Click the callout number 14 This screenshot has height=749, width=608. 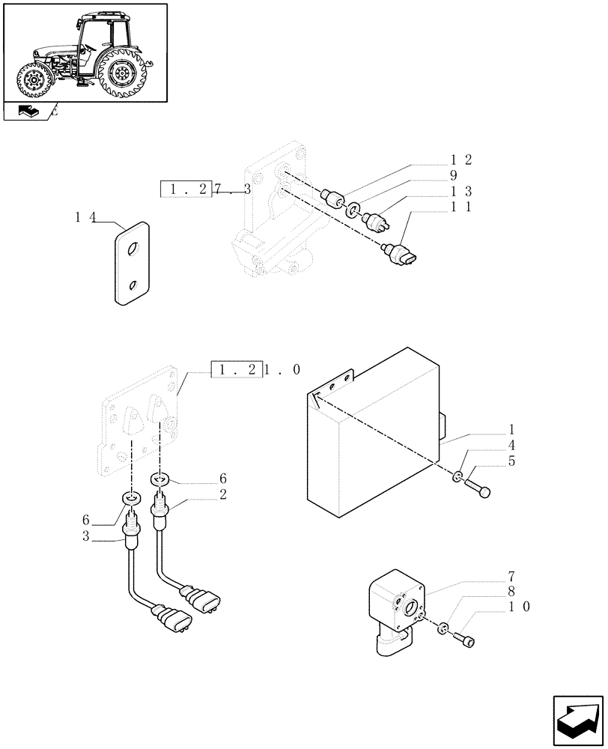tap(85, 218)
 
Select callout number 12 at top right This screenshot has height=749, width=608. tap(461, 160)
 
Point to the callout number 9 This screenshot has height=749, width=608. tap(454, 175)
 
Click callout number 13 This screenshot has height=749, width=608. tap(461, 191)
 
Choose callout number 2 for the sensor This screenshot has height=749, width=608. tap(222, 494)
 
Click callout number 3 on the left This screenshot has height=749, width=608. tap(86, 536)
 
